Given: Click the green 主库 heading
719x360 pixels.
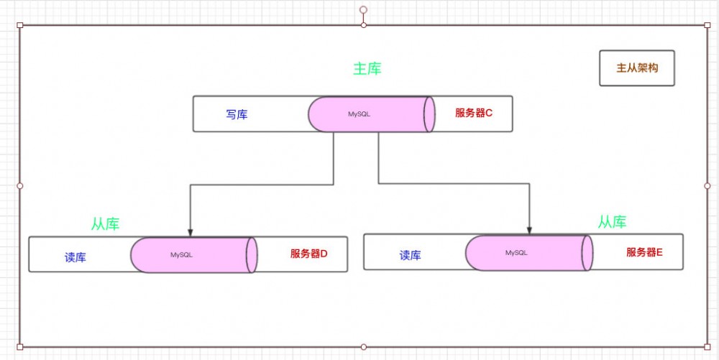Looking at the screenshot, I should click(x=367, y=69).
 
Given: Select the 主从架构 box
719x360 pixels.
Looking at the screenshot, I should click(x=637, y=68).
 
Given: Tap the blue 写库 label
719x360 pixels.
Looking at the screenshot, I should click(x=237, y=114).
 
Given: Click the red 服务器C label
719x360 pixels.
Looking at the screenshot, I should click(x=473, y=114).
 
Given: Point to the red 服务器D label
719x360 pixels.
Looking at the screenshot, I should click(x=308, y=254).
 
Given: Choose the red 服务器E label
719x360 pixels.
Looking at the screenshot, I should click(x=644, y=252).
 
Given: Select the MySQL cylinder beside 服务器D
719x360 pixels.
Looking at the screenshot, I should click(x=193, y=254).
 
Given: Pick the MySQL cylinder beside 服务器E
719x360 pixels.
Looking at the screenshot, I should click(x=528, y=253).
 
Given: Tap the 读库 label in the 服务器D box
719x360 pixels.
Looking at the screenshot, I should click(x=75, y=257).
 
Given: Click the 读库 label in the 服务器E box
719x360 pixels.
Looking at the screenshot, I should click(x=410, y=255).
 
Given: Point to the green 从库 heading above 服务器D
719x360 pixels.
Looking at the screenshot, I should click(x=105, y=224).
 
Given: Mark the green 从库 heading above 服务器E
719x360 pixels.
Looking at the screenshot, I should click(x=612, y=222).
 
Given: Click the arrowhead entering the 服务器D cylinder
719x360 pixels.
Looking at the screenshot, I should click(x=190, y=233).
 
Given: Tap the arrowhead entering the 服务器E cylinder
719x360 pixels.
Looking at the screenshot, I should click(x=529, y=231).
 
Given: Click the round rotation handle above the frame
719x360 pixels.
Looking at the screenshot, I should click(x=363, y=10).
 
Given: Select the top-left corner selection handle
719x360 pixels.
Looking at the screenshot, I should click(x=20, y=25).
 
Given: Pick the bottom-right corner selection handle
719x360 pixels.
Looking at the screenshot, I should click(x=707, y=346).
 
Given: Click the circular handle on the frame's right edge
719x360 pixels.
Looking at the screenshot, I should click(x=707, y=185).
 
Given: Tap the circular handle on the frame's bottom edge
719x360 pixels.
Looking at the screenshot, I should click(x=363, y=346).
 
